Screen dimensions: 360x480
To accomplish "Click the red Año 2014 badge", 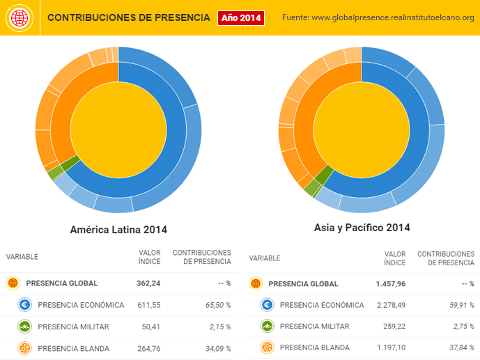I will click(241, 17).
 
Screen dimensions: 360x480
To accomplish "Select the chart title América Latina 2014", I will click(118, 229).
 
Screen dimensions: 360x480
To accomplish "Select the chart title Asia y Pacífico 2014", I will click(362, 227).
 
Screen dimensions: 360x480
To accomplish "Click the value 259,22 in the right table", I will click(392, 326).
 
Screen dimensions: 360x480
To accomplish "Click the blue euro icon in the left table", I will click(25, 304).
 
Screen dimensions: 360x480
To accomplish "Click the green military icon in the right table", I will click(268, 326).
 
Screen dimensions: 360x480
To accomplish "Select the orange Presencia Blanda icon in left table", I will click(25, 347).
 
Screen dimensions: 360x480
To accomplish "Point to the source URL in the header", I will click(378, 17).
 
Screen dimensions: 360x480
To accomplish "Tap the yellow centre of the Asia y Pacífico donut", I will click(362, 125).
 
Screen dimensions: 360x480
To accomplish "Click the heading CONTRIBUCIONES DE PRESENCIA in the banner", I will click(128, 17).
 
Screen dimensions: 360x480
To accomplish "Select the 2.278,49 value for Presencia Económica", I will click(387, 305).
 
